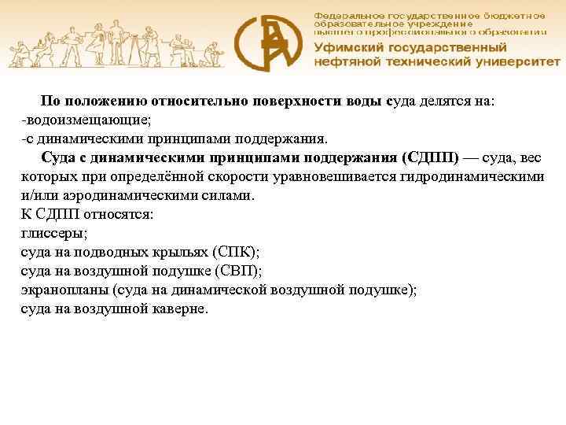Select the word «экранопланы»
tap(64, 290)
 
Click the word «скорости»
tap(213, 177)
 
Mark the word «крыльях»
tap(182, 253)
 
